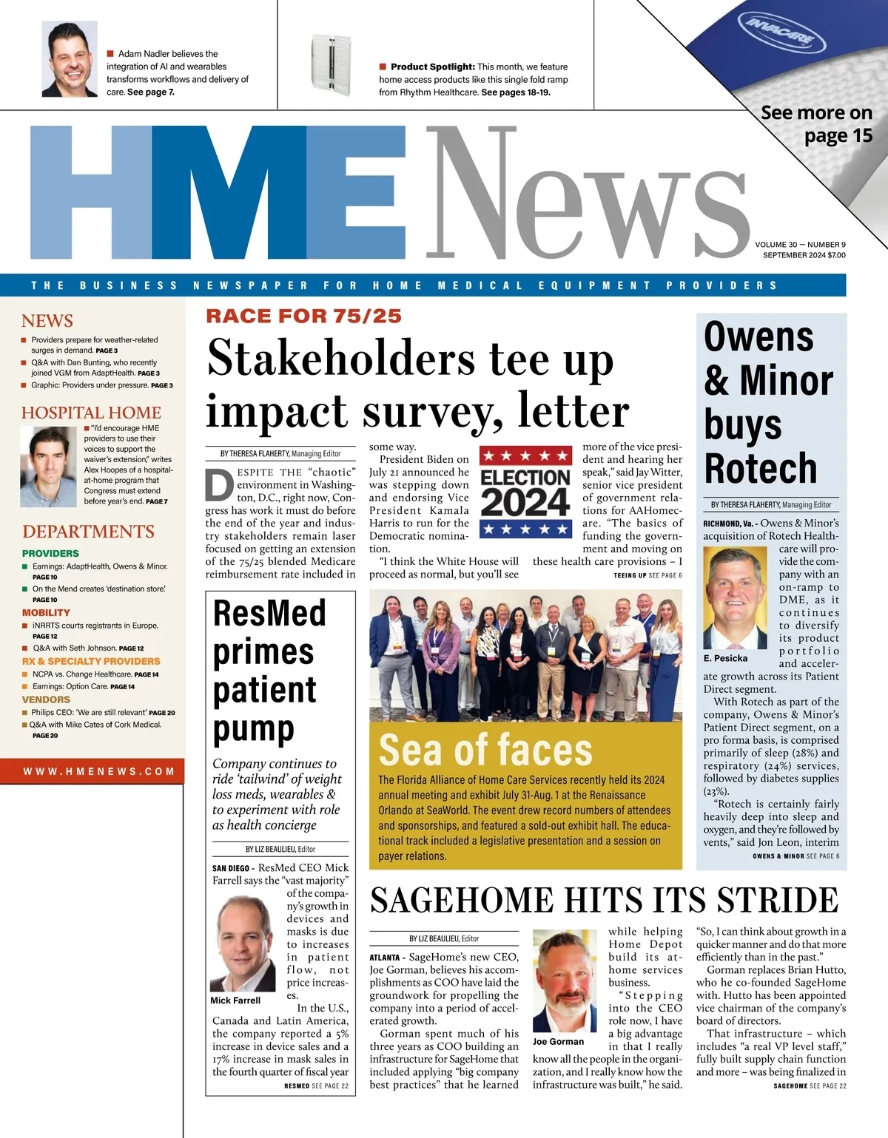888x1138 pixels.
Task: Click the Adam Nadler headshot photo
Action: click(x=70, y=59)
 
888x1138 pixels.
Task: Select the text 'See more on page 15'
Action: click(x=816, y=124)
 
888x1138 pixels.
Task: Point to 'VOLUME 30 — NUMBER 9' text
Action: click(x=800, y=245)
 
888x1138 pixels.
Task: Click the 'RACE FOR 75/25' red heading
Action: click(x=303, y=316)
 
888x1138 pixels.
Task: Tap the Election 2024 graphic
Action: click(x=525, y=492)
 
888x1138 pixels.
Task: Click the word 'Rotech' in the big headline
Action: click(x=760, y=469)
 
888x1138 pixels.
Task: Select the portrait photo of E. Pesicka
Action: click(x=735, y=597)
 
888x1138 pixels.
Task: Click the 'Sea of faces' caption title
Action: click(x=485, y=750)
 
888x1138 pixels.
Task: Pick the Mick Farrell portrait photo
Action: click(x=243, y=944)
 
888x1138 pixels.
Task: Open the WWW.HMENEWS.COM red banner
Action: click(x=99, y=771)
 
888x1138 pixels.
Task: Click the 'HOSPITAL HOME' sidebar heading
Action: click(x=91, y=413)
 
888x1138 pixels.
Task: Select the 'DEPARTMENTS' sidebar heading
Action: click(x=88, y=532)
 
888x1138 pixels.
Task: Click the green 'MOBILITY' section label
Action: click(x=46, y=613)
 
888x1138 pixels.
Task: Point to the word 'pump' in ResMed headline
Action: click(x=253, y=729)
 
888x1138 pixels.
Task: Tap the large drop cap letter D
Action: click(x=218, y=485)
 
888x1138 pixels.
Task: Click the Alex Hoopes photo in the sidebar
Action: click(x=49, y=467)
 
